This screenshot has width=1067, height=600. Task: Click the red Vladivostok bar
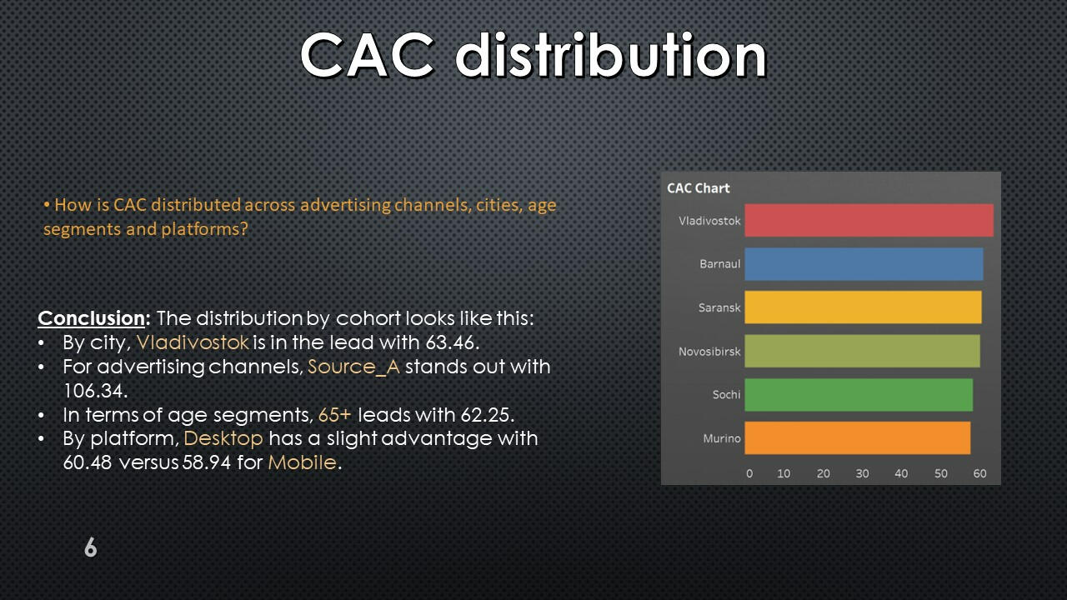point(869,220)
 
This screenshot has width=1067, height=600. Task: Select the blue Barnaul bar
point(864,264)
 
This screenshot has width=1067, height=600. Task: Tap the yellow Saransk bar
point(863,307)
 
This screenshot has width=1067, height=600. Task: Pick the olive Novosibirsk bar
point(862,351)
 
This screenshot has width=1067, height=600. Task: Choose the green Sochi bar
point(859,395)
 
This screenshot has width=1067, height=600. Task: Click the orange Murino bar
point(858,438)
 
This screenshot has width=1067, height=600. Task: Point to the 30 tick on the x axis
point(862,473)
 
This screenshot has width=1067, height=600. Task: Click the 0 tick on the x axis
point(749,473)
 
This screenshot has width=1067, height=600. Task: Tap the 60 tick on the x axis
point(979,473)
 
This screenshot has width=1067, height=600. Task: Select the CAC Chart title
point(698,188)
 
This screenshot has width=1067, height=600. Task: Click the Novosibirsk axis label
point(709,352)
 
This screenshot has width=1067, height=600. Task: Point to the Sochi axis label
point(726,394)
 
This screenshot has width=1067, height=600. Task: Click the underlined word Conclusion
point(91,318)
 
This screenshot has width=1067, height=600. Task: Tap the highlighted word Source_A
point(353,367)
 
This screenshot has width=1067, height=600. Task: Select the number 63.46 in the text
point(450,342)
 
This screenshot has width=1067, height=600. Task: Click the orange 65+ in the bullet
point(335,415)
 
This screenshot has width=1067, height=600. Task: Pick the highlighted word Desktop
point(223,438)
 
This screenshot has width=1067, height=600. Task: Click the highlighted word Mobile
point(302,462)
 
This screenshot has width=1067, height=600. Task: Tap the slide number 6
point(91,547)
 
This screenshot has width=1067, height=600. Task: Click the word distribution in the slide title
point(610,55)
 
